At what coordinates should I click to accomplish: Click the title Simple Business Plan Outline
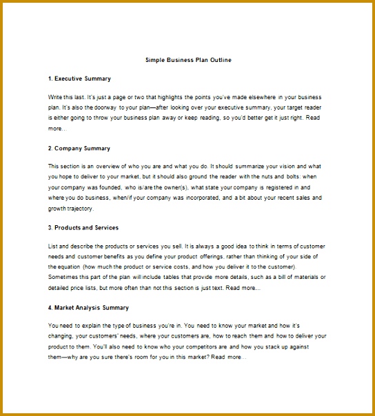click(188, 60)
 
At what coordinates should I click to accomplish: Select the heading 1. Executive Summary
click(79, 79)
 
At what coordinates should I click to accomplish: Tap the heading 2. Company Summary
click(79, 148)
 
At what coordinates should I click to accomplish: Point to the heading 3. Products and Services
click(83, 227)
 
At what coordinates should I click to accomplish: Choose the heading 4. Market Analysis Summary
click(88, 307)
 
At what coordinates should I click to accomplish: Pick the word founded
click(122, 187)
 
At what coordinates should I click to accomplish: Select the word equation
click(67, 267)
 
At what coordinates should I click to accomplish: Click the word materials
click(305, 277)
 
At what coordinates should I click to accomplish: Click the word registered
click(278, 187)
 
